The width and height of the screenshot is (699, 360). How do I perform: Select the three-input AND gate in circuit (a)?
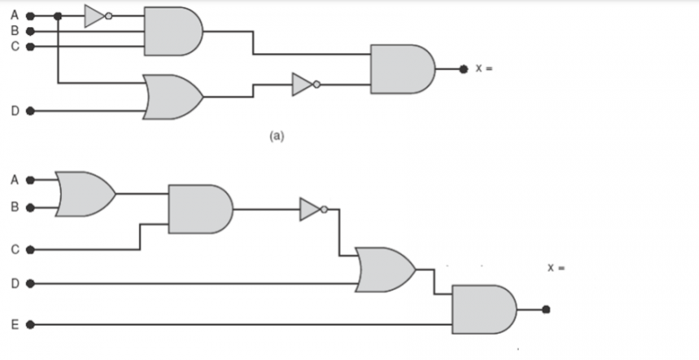pyautogui.click(x=172, y=31)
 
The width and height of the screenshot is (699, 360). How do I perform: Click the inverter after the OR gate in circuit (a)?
pyautogui.click(x=302, y=85)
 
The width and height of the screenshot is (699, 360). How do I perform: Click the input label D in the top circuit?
pyautogui.click(x=15, y=111)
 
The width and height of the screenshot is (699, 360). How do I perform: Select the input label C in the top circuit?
pyautogui.click(x=15, y=46)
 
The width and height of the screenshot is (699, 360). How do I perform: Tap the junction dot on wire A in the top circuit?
pyautogui.click(x=58, y=16)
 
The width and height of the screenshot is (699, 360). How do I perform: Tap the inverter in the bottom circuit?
pyautogui.click(x=312, y=209)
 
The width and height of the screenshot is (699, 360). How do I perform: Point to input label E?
pyautogui.click(x=15, y=325)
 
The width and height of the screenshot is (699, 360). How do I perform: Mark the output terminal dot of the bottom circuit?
pyautogui.click(x=545, y=309)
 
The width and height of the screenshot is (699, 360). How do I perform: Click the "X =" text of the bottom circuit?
pyautogui.click(x=556, y=267)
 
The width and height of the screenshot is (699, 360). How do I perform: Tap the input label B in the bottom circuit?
pyautogui.click(x=15, y=208)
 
